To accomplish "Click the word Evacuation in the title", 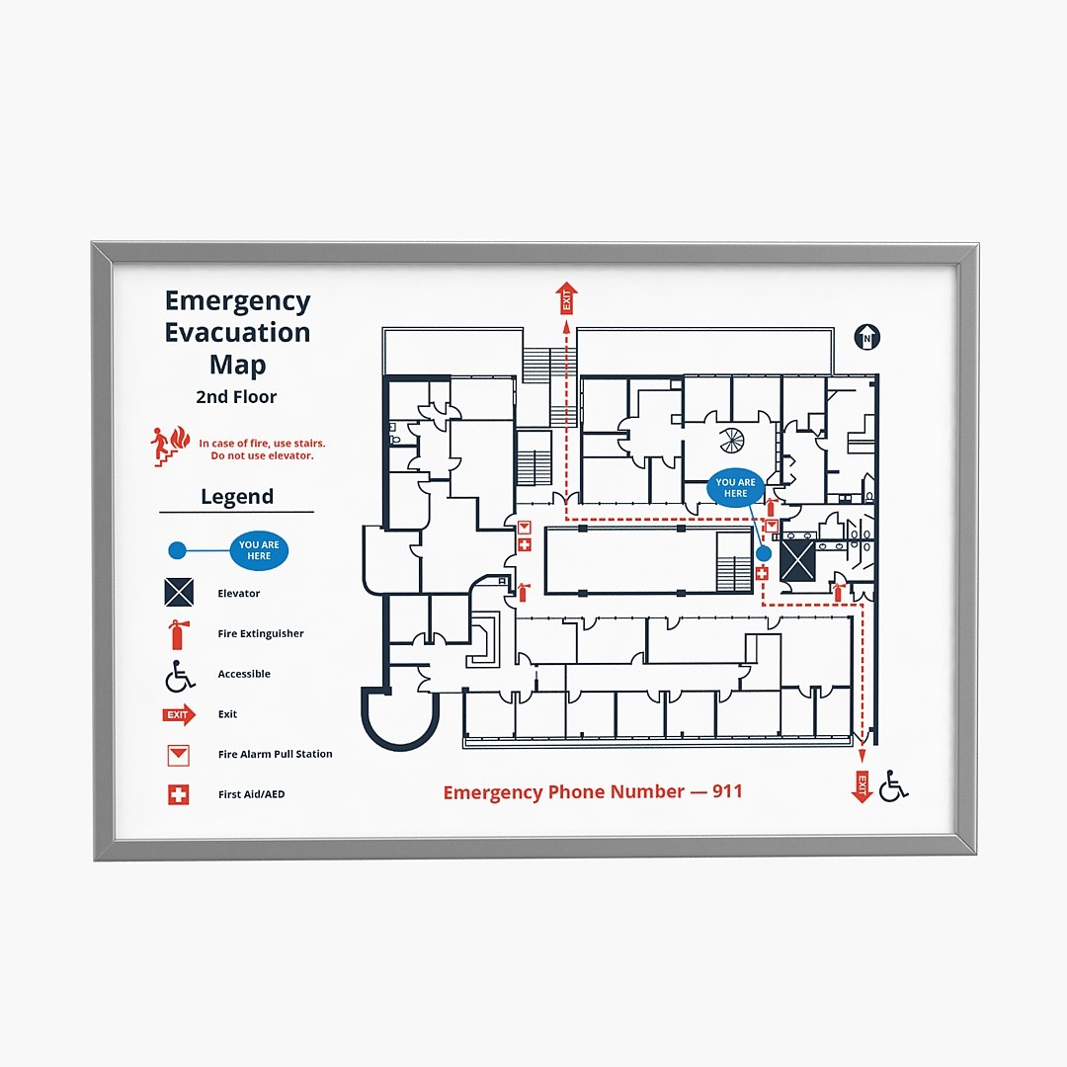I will click(237, 332).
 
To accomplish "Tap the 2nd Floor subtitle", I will click(236, 397).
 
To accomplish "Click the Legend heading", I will click(237, 497).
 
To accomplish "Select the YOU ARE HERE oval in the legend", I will click(259, 550).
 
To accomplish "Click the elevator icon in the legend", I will click(179, 592).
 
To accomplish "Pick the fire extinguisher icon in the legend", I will click(178, 633).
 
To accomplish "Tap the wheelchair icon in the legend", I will click(179, 676).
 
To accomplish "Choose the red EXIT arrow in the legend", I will click(179, 715).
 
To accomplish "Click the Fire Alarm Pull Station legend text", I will click(275, 754).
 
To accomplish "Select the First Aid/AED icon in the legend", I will click(178, 794).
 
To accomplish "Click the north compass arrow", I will click(866, 337).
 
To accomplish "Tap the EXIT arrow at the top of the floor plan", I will click(566, 297).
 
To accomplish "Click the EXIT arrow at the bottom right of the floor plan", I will click(862, 786).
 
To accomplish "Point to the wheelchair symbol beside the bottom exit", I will click(893, 786).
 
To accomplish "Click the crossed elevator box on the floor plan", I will click(797, 560).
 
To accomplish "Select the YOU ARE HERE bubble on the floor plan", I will click(735, 488).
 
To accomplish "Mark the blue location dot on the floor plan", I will click(764, 553).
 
